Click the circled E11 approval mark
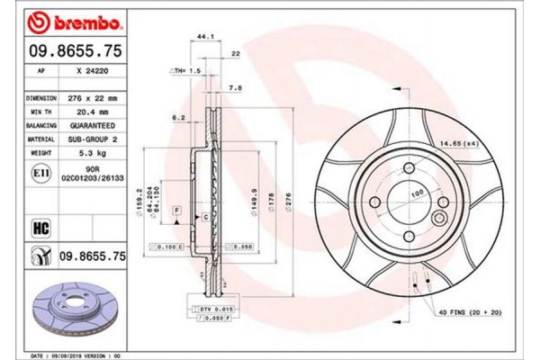click(x=40, y=172)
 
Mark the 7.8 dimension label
click(x=235, y=88)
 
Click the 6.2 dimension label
click(x=178, y=117)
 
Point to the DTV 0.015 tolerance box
click(x=210, y=310)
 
